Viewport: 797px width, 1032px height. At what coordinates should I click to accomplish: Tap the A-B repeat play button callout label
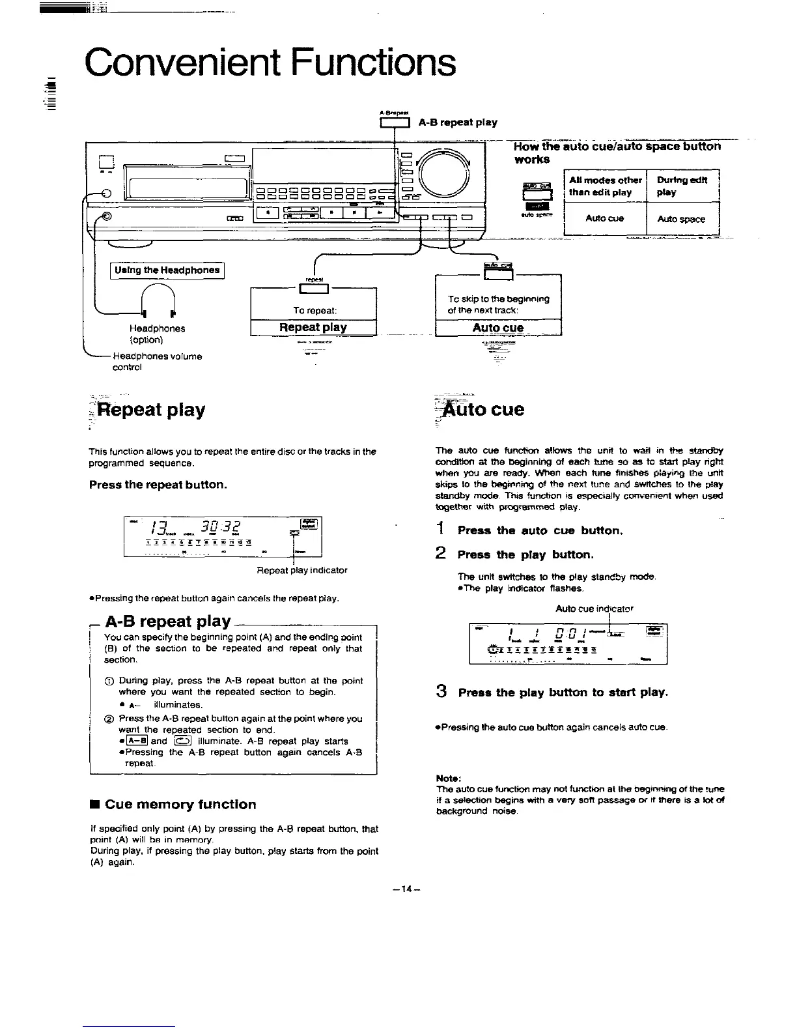click(458, 122)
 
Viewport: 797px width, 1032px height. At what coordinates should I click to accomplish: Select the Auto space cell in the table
click(681, 219)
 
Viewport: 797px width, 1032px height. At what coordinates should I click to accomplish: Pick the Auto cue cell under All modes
click(604, 218)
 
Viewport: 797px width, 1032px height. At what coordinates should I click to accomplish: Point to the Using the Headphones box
click(167, 270)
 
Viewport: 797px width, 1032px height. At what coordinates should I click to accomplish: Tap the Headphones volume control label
click(157, 362)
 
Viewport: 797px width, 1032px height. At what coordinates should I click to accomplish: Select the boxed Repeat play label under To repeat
click(313, 327)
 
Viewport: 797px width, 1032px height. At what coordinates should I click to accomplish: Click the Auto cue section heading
click(483, 410)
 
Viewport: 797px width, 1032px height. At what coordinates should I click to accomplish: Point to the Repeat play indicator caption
click(302, 570)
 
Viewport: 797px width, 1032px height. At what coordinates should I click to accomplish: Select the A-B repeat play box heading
click(168, 621)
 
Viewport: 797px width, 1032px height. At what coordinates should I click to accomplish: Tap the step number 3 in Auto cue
click(441, 692)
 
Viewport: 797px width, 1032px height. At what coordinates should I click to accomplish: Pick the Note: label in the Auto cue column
click(449, 777)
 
